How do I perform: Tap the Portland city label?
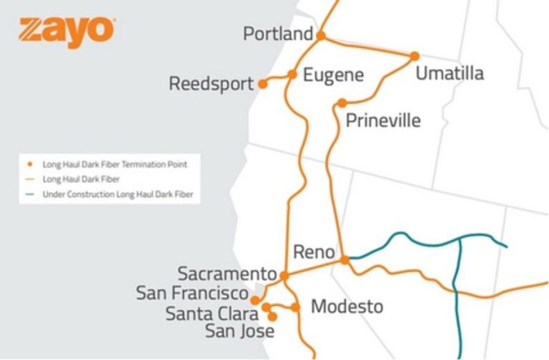277,34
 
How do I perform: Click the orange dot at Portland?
321,35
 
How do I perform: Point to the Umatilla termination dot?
414,55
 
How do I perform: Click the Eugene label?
333,75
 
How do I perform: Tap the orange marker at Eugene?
292,74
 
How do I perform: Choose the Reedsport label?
211,84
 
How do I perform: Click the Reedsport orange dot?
262,84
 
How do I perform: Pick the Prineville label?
383,120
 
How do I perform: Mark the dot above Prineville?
342,103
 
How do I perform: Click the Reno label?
313,252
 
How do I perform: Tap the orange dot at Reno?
345,260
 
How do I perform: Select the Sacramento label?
227,274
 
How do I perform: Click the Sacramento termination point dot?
284,275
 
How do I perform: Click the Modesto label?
347,307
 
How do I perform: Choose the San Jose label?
239,331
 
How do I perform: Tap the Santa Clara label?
212,313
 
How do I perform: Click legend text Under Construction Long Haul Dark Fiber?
118,194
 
